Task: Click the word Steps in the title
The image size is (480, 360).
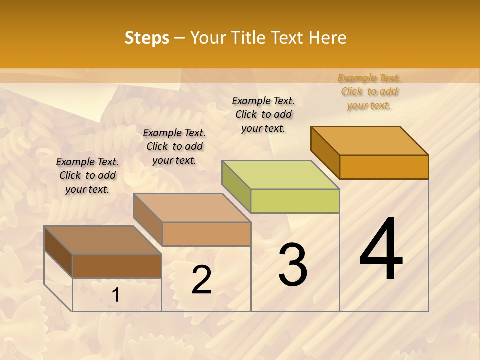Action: coord(146,38)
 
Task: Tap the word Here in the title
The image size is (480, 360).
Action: coord(327,38)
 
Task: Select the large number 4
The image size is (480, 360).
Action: coord(381,250)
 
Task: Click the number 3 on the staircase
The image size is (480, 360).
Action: coord(293,265)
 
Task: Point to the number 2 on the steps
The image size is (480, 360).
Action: coord(202,280)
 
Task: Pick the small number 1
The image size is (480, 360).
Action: coord(116,295)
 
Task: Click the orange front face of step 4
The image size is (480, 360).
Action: coord(384,167)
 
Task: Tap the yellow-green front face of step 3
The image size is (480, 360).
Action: coord(295,201)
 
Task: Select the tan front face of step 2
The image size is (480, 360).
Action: coord(206,234)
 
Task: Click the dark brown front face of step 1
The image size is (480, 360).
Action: coord(117,266)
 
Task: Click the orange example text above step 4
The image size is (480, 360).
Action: coord(369,91)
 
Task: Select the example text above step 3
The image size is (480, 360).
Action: coord(263,114)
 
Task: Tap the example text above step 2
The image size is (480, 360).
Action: coord(174,146)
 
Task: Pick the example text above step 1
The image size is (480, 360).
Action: coord(87,175)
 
